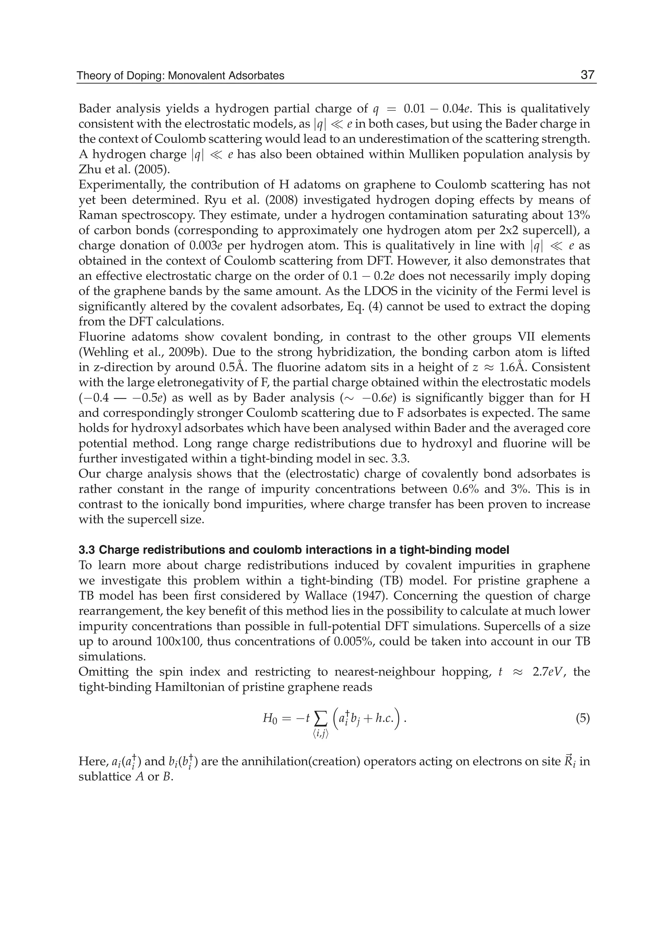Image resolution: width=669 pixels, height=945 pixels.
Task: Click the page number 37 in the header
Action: pos(587,75)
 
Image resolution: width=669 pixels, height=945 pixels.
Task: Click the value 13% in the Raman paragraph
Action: pos(577,215)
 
